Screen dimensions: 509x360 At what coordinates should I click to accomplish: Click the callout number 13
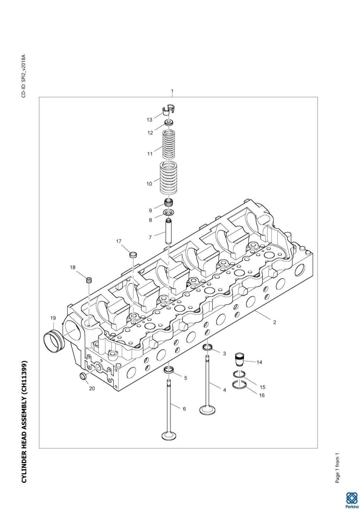click(149, 120)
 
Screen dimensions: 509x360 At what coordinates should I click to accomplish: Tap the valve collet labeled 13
click(169, 109)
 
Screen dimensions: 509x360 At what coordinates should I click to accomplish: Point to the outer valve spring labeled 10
click(169, 178)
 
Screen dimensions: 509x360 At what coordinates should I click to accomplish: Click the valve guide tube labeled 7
click(169, 231)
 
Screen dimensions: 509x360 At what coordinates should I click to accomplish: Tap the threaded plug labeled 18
click(90, 279)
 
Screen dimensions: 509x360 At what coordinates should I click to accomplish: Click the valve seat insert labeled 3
click(208, 347)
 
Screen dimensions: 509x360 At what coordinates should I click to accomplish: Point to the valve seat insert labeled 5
click(169, 370)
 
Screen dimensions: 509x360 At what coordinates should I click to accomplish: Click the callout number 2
click(275, 322)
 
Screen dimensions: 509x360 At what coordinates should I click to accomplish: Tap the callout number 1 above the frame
click(172, 91)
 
